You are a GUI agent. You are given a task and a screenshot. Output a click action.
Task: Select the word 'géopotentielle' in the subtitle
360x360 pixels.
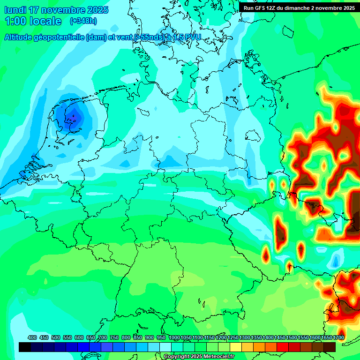point(60,37)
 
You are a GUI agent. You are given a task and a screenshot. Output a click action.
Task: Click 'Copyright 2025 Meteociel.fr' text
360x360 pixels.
point(199,356)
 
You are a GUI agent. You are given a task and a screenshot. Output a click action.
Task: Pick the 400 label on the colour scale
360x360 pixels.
point(32,337)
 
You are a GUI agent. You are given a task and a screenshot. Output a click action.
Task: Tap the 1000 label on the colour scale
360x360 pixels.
point(174,337)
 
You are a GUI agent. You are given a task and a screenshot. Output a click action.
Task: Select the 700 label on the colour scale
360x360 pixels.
point(103,337)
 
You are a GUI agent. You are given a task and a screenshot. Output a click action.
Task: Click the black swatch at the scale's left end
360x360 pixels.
point(25,347)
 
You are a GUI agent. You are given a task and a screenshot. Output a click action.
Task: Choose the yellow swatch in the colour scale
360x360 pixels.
point(236,347)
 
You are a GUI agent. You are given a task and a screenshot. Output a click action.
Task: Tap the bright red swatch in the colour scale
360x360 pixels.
point(283,347)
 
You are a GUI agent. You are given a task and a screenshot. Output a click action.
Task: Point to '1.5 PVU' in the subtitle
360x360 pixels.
point(187,37)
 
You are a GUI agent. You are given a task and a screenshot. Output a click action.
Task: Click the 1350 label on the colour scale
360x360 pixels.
point(256,337)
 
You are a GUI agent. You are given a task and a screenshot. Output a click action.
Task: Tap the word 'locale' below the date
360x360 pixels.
point(46,21)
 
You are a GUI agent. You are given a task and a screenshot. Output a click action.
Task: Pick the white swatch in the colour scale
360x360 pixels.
point(165,347)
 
